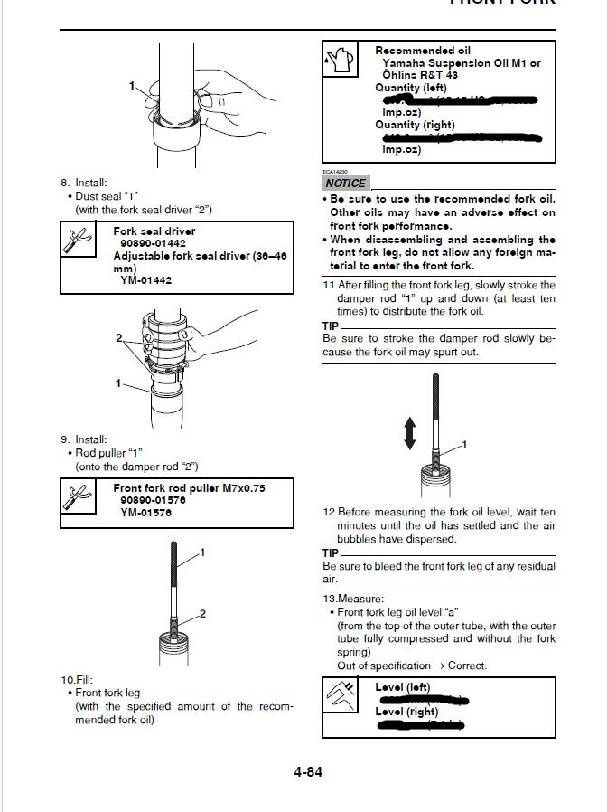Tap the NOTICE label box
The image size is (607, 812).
345,183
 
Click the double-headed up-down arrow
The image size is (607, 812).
410,432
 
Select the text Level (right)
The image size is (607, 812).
407,712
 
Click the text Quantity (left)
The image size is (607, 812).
415,88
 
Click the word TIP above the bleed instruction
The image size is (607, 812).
331,552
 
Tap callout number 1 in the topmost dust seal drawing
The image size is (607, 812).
132,86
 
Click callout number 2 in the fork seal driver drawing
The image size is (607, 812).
118,337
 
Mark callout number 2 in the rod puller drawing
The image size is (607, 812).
202,614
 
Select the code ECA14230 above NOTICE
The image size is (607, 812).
336,171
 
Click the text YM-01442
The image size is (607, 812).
146,280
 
